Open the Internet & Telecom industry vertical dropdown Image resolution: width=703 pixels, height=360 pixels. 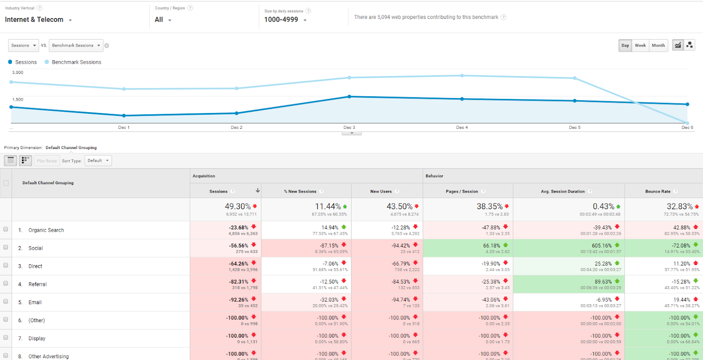pyautogui.click(x=38, y=20)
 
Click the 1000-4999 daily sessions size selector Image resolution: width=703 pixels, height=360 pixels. pyautogui.click(x=285, y=20)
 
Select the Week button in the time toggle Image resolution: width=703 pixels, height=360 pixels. pyautogui.click(x=640, y=45)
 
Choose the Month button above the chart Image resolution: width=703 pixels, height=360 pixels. pyautogui.click(x=658, y=45)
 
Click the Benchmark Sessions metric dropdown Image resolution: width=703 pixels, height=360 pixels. pyautogui.click(x=76, y=45)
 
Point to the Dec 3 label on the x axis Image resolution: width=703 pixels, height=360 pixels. pyautogui.click(x=349, y=127)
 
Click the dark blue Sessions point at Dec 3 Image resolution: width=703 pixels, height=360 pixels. pyautogui.click(x=349, y=97)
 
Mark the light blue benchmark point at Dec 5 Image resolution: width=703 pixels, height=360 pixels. pyautogui.click(x=575, y=78)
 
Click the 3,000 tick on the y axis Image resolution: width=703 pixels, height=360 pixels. pyautogui.click(x=18, y=73)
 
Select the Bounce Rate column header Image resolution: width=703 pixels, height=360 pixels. pyautogui.click(x=658, y=191)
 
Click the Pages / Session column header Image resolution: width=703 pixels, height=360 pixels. pyautogui.click(x=462, y=191)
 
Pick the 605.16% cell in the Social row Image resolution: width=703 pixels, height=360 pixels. pyautogui.click(x=602, y=246)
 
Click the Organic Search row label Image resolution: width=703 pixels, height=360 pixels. pyautogui.click(x=46, y=230)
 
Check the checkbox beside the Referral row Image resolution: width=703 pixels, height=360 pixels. pyautogui.click(x=6, y=284)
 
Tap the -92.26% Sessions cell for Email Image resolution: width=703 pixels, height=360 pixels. pyautogui.click(x=238, y=300)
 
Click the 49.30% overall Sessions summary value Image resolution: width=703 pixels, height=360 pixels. pyautogui.click(x=238, y=206)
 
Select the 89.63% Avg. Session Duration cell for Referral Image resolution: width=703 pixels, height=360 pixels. pyautogui.click(x=603, y=282)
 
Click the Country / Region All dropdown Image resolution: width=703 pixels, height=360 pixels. pyautogui.click(x=163, y=20)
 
